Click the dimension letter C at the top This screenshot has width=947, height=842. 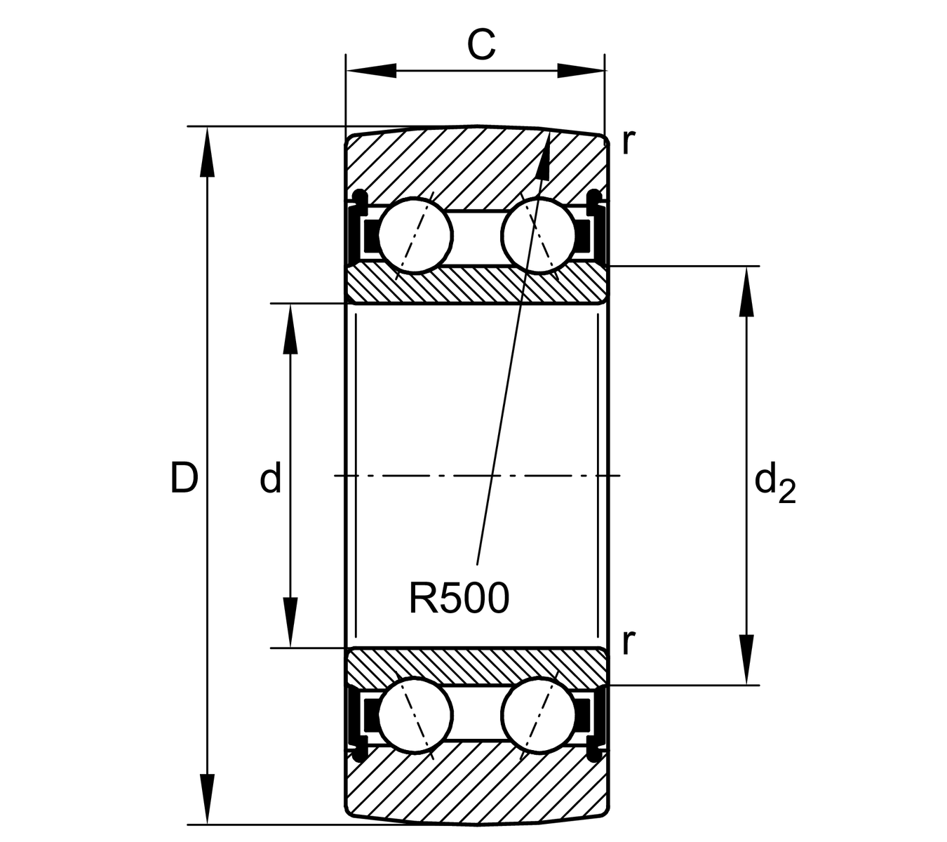tap(481, 45)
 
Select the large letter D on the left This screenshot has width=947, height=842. tap(184, 479)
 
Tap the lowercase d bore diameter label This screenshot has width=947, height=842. tap(271, 479)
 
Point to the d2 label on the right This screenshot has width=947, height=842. tap(774, 484)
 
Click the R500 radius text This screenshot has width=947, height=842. tap(459, 599)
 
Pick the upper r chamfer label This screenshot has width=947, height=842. tap(628, 142)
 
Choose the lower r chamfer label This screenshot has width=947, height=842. tap(628, 641)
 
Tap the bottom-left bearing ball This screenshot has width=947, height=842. tap(415, 716)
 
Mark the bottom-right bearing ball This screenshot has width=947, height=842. tap(538, 716)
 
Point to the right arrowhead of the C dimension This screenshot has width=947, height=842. tap(581, 71)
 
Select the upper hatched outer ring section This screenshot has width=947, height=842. tap(477, 165)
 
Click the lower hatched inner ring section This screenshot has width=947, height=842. tap(477, 667)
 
